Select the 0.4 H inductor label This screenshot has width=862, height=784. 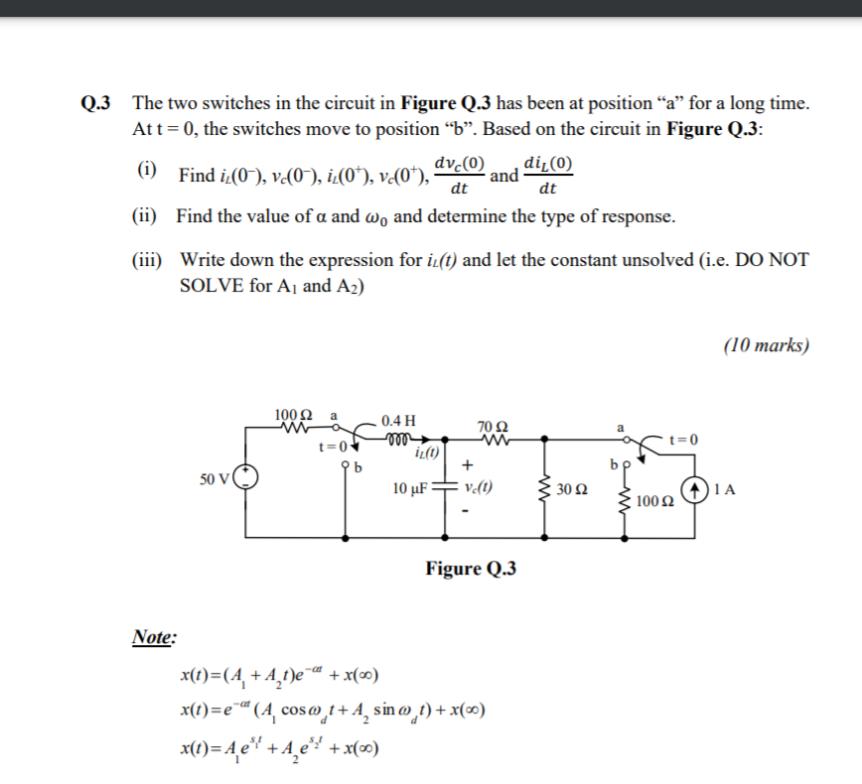pos(397,419)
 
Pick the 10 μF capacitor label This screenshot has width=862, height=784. pos(409,488)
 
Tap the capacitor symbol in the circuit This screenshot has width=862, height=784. pos(444,488)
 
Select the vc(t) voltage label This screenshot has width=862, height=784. pos(480,488)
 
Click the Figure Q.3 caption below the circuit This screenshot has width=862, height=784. pos(471,569)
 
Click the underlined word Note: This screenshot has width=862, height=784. pos(153,637)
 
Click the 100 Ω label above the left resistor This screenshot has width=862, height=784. pos(293,413)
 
